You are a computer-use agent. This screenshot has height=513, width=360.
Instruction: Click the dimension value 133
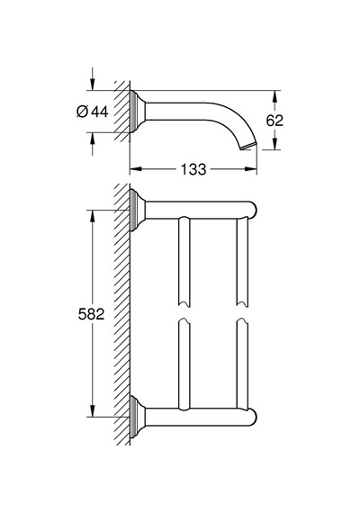(x=193, y=169)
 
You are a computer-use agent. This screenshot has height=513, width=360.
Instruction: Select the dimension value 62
(x=274, y=121)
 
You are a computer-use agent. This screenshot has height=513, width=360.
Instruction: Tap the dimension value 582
(x=91, y=314)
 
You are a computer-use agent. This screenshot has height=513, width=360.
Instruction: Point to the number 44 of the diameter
(x=100, y=112)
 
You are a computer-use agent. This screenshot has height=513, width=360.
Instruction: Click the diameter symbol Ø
(x=82, y=112)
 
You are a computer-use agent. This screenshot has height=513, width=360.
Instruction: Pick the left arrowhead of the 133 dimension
(x=136, y=169)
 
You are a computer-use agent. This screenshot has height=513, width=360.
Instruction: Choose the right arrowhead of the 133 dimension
(x=251, y=169)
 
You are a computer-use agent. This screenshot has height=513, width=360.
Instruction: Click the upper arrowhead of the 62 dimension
(x=275, y=96)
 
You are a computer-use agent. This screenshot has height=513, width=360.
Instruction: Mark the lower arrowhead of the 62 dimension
(x=275, y=144)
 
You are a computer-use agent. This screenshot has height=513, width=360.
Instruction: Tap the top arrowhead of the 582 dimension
(x=93, y=216)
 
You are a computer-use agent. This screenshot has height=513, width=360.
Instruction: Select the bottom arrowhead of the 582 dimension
(x=93, y=411)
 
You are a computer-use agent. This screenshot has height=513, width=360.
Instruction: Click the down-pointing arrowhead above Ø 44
(x=93, y=85)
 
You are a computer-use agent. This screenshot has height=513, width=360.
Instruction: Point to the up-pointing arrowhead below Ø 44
(x=93, y=139)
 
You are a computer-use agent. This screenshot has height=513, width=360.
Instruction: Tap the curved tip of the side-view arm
(x=248, y=146)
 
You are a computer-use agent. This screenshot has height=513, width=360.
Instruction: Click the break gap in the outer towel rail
(x=242, y=311)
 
